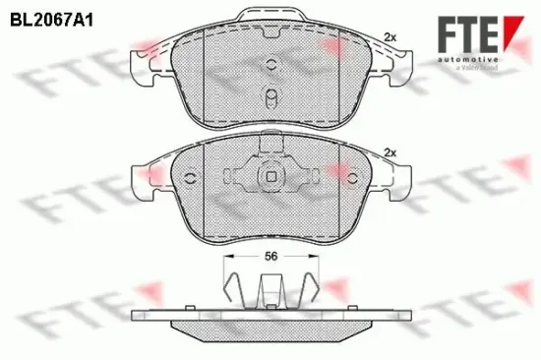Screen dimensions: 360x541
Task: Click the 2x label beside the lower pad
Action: point(391,151)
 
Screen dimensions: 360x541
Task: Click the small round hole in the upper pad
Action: point(270,65)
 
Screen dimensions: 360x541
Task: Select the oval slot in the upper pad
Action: point(270,99)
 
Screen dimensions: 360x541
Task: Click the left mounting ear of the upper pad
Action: point(144,67)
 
